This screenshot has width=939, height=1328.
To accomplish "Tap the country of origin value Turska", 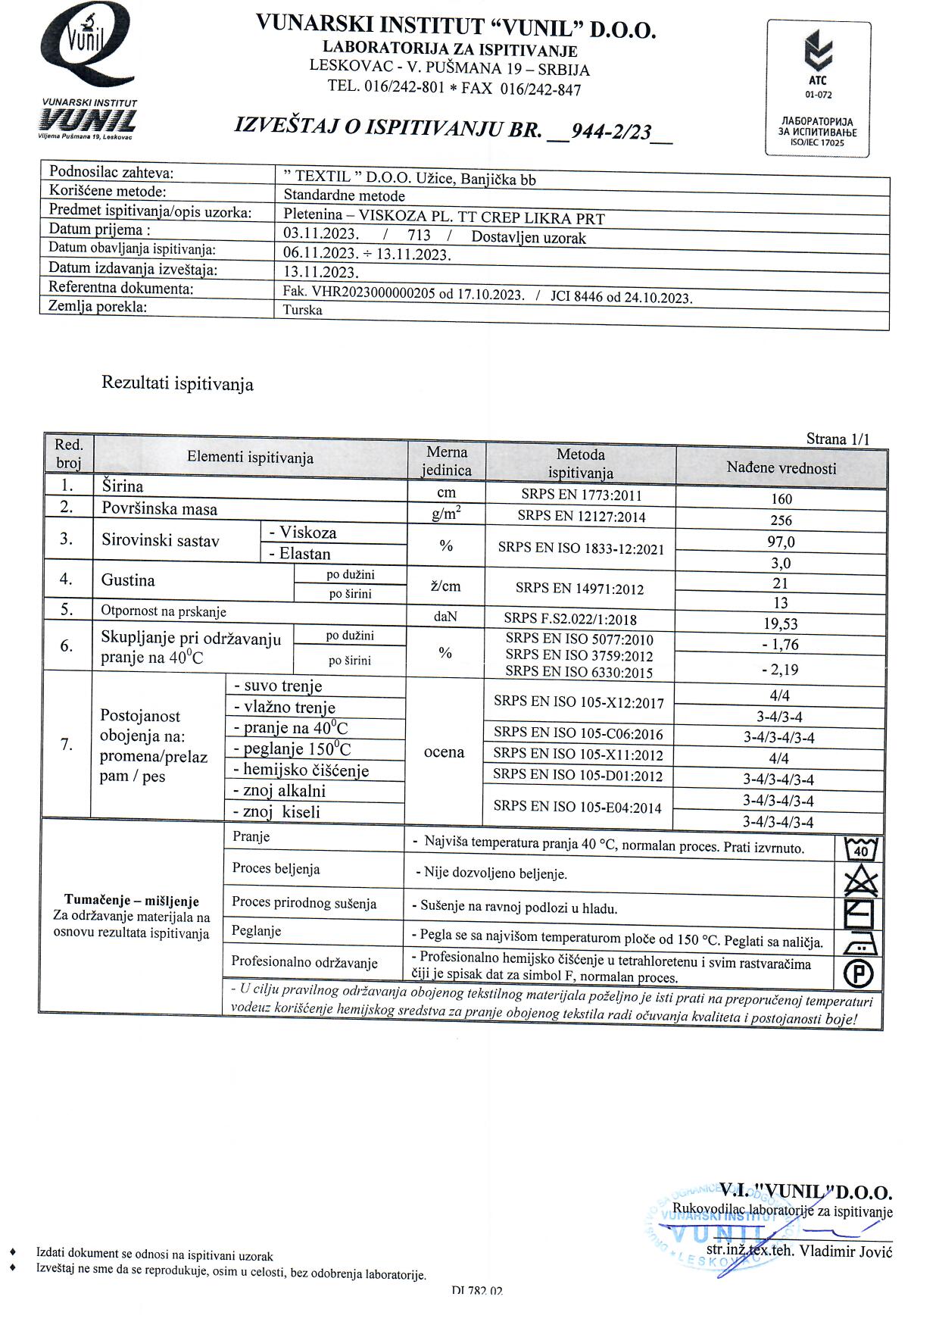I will coord(302,310).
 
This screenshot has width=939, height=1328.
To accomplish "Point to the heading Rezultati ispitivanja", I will coord(177,384).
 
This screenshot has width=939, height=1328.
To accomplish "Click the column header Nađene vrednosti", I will coord(781,468).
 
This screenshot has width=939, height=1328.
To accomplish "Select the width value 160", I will coord(781,498).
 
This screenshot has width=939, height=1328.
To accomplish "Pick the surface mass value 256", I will coord(781,520).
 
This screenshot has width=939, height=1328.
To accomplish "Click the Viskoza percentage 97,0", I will coord(781,542).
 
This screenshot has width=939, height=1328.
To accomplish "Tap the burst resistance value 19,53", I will coord(781,624).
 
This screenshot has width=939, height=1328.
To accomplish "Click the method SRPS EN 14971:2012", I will coord(580,588).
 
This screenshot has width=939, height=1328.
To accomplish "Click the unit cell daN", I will coord(445,617).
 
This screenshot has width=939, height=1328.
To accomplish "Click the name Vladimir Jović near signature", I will coord(846,1251).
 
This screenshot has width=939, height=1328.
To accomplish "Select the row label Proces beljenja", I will coord(276,869).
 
